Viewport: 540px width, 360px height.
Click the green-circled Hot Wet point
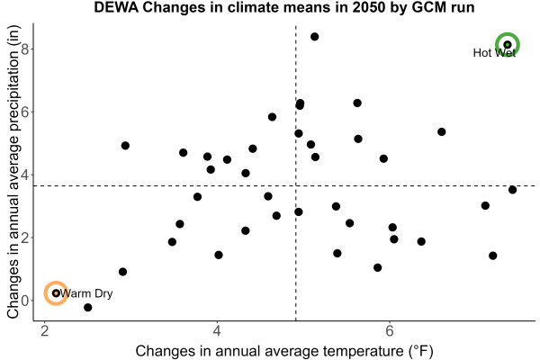click(x=508, y=45)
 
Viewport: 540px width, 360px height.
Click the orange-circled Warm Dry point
click(x=56, y=293)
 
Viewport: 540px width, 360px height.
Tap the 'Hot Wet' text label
click(x=494, y=53)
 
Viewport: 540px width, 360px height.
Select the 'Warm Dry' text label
click(x=86, y=293)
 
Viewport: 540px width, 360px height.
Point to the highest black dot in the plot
click(x=314, y=37)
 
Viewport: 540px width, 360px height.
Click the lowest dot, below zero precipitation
click(x=88, y=307)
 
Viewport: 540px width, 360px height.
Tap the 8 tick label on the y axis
click(x=24, y=49)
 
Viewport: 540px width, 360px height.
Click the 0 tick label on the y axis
click(x=24, y=301)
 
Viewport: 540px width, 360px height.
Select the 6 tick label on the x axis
click(x=389, y=331)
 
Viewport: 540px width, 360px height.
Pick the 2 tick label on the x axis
click(x=44, y=331)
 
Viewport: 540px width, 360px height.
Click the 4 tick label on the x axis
click(x=217, y=331)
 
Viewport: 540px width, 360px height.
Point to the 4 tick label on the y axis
click(x=24, y=175)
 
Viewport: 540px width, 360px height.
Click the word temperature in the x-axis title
click(x=363, y=351)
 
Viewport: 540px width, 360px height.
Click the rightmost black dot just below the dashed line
click(x=512, y=190)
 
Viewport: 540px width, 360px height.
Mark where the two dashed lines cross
click(x=296, y=186)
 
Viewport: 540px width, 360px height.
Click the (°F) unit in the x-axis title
click(x=421, y=351)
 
